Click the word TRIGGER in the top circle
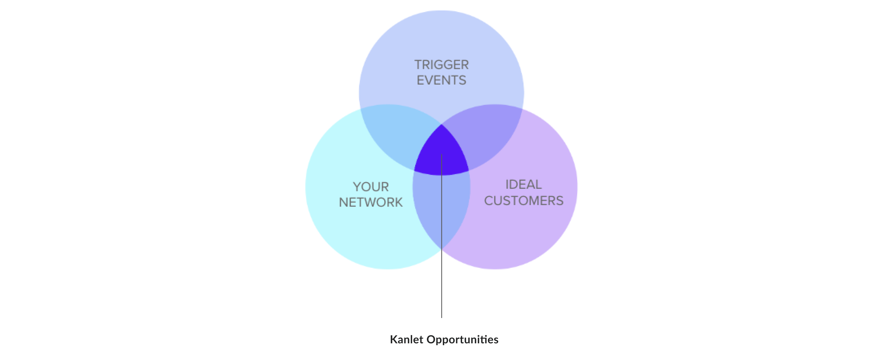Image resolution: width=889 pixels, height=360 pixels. coord(441,65)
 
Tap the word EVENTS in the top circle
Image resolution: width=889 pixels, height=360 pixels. coord(441,80)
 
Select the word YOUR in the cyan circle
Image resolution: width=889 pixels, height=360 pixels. coord(371,187)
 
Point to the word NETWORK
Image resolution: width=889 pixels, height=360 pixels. coord(371,202)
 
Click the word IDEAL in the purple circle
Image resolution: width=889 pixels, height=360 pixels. coord(524,185)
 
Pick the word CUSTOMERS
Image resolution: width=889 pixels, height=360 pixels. coord(524,201)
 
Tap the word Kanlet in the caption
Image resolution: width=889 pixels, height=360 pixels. coord(406,339)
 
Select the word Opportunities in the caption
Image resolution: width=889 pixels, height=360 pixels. coord(462,339)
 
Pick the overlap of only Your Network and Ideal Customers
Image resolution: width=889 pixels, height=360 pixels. coord(441,211)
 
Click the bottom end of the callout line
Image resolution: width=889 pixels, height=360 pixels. coord(441,317)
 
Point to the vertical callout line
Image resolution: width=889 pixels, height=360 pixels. coord(441,276)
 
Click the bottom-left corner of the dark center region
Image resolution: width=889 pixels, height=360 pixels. coord(415,170)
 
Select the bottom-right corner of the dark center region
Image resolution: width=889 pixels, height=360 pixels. coord(468,170)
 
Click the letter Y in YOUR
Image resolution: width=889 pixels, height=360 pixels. coord(357,187)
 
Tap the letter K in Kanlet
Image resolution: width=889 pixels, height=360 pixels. coord(393,339)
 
